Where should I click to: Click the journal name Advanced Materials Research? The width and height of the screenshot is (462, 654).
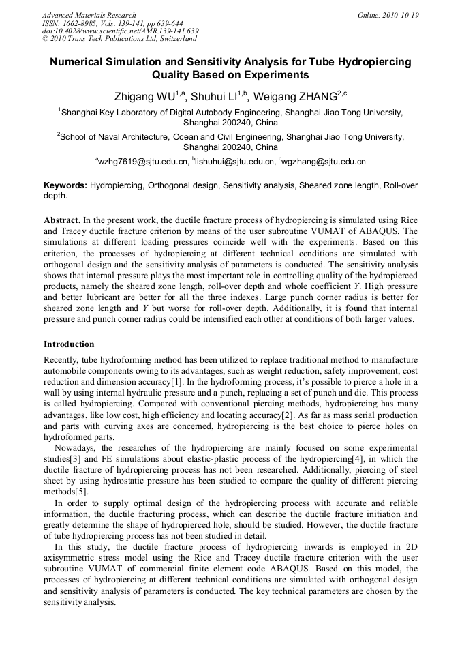pyautogui.click(x=89, y=15)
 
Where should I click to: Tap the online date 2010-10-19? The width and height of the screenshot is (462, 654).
pyautogui.click(x=398, y=15)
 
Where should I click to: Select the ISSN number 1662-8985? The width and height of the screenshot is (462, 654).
pyautogui.click(x=88, y=23)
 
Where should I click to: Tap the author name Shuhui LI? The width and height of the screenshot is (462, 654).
pyautogui.click(x=216, y=96)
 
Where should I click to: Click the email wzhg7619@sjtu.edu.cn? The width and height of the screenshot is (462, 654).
pyautogui.click(x=143, y=162)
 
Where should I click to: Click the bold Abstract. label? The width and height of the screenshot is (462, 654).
pyautogui.click(x=62, y=221)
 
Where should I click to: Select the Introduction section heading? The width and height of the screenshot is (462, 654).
pyautogui.click(x=69, y=344)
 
